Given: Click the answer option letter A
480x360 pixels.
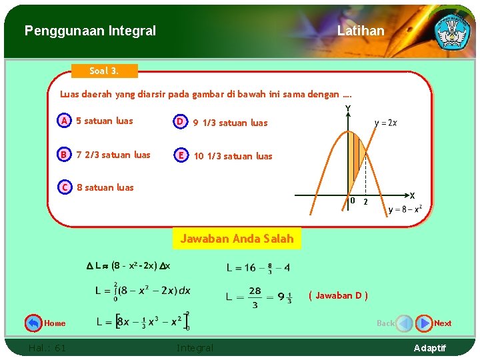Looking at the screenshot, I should (64, 121).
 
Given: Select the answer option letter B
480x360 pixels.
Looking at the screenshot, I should (64, 155).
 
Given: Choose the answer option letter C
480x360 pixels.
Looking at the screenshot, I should (65, 187).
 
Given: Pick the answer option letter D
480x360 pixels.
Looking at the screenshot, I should (180, 121).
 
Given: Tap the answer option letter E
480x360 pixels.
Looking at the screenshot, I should (181, 155).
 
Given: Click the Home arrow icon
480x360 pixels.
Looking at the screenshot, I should (33, 323).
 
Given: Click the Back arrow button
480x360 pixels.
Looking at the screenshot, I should (404, 323).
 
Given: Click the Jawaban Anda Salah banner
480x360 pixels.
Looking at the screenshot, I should (237, 239).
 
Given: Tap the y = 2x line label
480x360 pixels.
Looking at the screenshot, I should (386, 123).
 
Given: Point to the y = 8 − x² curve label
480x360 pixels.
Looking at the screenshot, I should (405, 209).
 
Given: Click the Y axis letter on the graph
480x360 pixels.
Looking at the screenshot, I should (347, 109).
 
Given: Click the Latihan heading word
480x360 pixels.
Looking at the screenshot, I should (361, 31).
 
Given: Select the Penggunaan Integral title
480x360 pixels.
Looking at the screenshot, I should (90, 31).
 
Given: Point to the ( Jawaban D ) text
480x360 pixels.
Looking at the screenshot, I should (338, 296).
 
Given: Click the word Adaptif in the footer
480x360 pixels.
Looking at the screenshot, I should (431, 348).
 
